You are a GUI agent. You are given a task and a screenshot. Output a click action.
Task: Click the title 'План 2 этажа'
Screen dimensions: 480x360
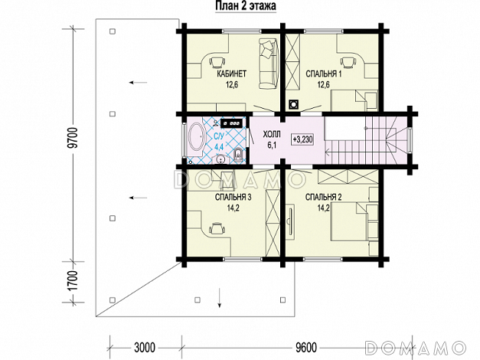click(x=246, y=6)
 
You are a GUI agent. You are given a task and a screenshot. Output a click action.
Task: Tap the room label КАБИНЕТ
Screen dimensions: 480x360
click(x=232, y=74)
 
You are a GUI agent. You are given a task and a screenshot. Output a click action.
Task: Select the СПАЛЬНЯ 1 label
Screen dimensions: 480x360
click(x=324, y=74)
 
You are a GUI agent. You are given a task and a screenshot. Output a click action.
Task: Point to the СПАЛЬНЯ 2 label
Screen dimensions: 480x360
click(x=323, y=197)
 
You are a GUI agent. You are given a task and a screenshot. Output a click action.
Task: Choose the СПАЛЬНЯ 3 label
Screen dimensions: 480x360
click(x=233, y=197)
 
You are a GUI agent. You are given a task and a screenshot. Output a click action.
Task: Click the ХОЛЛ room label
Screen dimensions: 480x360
click(x=272, y=135)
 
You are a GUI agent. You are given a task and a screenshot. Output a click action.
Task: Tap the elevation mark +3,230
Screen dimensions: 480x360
click(x=302, y=139)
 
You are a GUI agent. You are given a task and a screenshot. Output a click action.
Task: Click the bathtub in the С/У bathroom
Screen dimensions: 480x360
click(x=197, y=136)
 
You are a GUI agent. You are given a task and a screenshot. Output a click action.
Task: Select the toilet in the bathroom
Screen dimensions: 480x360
click(x=239, y=155)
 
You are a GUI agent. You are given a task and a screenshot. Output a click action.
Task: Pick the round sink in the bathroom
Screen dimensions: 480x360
click(x=220, y=159)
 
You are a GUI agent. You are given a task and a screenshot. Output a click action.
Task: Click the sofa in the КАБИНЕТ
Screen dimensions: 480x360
click(x=269, y=63)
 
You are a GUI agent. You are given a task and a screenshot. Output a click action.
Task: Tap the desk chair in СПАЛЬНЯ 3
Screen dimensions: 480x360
click(x=217, y=228)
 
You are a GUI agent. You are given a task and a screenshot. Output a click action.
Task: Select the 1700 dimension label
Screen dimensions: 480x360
click(x=73, y=280)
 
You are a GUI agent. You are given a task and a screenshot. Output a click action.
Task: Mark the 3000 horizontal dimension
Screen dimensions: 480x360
click(x=145, y=348)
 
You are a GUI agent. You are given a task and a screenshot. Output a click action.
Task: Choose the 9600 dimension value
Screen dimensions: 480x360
click(x=306, y=348)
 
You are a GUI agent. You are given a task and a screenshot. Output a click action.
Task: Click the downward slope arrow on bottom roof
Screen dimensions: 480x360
click(x=219, y=297)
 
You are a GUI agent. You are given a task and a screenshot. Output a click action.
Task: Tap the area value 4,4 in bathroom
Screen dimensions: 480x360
click(x=219, y=147)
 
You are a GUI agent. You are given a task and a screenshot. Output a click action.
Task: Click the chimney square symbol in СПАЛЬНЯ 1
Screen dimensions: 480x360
click(x=293, y=104)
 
